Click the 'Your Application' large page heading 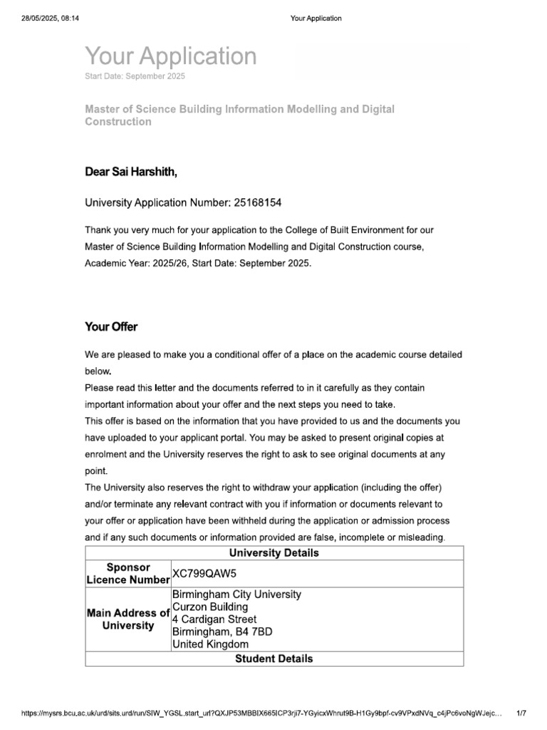(171, 56)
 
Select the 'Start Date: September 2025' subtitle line (135, 76)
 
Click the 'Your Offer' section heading (111, 327)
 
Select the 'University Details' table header (273, 553)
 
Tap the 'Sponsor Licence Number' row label (127, 573)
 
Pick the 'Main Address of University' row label (127, 619)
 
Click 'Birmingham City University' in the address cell (236, 595)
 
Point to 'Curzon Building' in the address (210, 607)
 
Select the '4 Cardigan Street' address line (214, 619)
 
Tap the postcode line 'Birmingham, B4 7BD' (222, 632)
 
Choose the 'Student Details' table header (273, 659)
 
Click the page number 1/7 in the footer (521, 712)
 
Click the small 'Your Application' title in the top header (316, 18)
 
